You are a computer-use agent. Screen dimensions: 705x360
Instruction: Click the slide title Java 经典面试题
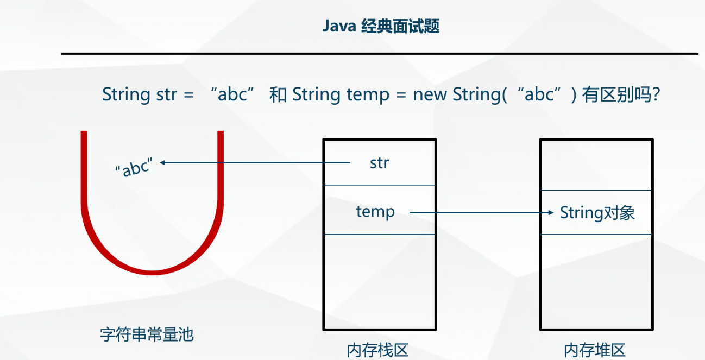tap(381, 26)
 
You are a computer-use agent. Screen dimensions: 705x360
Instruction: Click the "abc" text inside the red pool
tap(132, 168)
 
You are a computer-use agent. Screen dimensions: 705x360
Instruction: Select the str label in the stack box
tap(379, 162)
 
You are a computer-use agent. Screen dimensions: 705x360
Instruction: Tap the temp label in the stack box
tap(375, 211)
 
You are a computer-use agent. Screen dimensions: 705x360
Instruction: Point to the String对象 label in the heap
tap(597, 212)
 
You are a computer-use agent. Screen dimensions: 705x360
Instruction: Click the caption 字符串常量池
tap(147, 334)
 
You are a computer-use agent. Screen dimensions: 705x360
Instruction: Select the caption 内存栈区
tap(377, 350)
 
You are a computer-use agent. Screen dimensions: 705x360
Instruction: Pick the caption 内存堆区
tap(595, 350)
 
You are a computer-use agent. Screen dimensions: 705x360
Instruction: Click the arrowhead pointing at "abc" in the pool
tap(162, 162)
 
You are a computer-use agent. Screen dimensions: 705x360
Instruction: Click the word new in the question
tap(431, 95)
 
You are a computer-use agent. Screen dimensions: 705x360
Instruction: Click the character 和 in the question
tap(278, 95)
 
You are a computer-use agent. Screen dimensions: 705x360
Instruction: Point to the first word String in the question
tap(125, 95)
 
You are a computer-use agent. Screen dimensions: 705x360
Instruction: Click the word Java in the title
tap(339, 26)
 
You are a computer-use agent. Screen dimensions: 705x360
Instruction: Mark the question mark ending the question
tap(656, 95)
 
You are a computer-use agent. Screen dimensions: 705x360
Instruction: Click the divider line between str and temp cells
tap(379, 185)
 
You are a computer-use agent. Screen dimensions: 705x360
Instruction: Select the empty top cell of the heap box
tap(596, 165)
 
